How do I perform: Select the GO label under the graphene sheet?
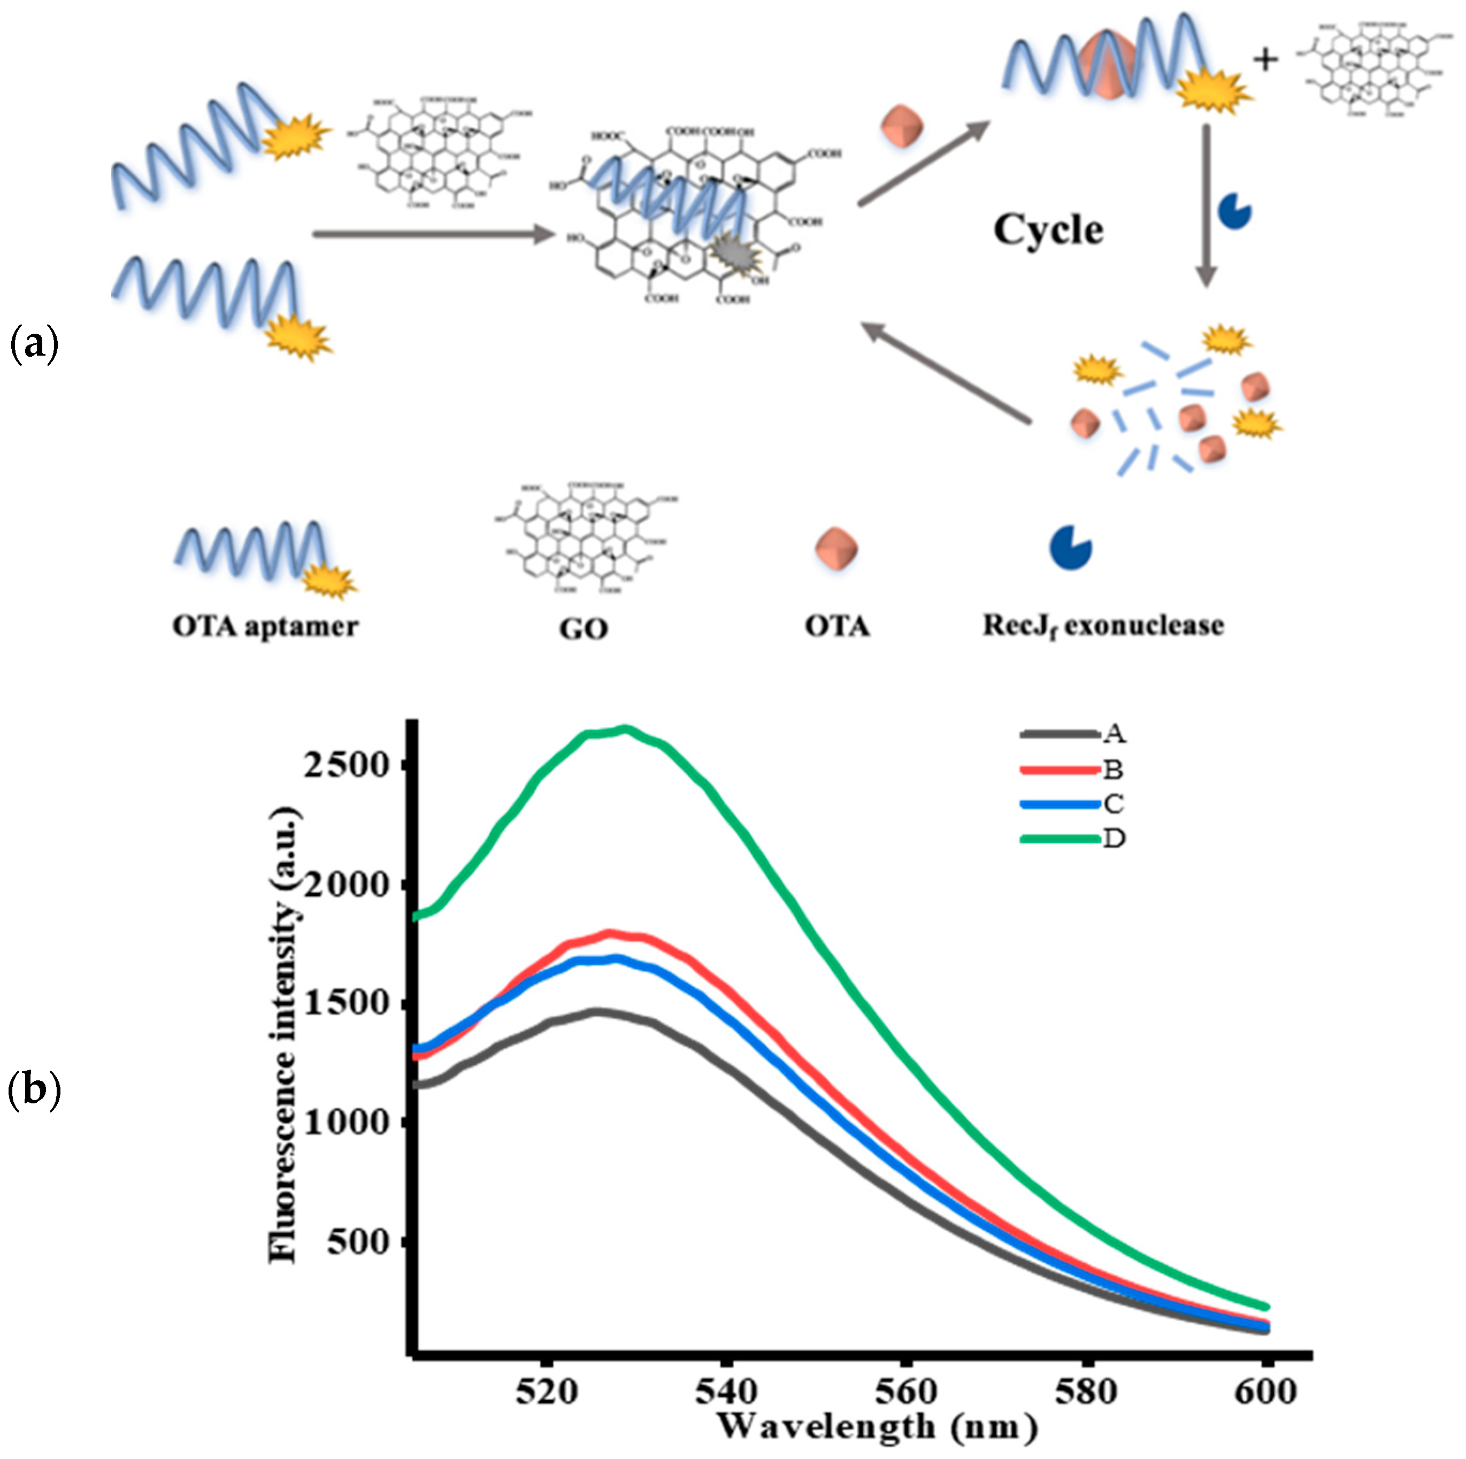(x=584, y=629)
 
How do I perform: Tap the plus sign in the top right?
(x=1265, y=59)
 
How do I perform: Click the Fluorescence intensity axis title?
(x=284, y=1035)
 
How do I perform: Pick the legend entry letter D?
(x=1113, y=839)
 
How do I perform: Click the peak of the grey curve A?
(x=598, y=1011)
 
